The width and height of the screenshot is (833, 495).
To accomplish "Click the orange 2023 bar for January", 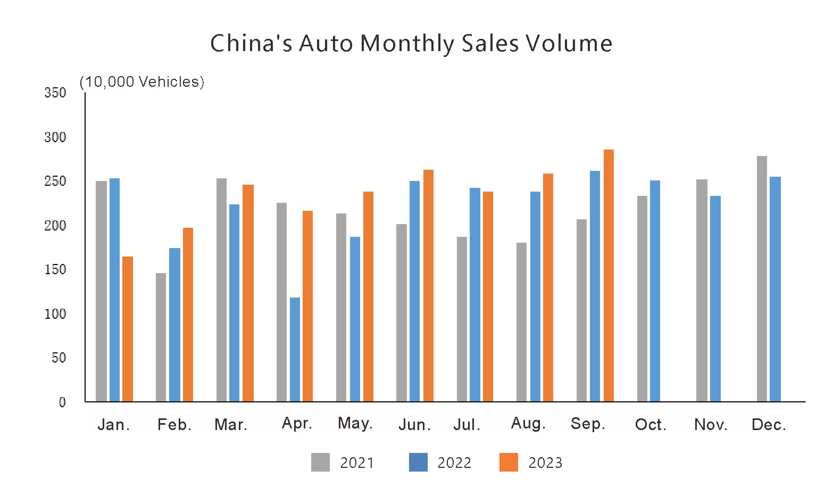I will coord(128,329).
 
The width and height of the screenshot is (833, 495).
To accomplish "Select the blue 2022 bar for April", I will coord(295,349).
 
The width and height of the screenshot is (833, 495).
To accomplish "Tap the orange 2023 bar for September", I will coord(609,275).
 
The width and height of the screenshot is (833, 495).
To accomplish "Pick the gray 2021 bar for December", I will coord(762,278).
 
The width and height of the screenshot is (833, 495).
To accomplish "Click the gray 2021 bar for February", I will coord(161,337).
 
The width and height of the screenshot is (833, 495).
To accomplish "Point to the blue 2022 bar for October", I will coord(655,291).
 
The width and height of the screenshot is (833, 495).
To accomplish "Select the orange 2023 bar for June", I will coord(428,285).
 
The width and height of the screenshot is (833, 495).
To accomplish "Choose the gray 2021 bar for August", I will coord(521,322).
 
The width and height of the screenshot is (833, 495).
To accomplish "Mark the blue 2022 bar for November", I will coord(715,299).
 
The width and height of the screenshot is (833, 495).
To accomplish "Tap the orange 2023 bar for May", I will coord(368,296).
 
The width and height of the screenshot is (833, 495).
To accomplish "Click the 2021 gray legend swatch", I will coord(320,463).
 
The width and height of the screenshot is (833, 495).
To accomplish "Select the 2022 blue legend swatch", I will coord(418,463).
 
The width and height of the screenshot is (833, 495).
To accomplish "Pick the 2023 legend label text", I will coord(545,463).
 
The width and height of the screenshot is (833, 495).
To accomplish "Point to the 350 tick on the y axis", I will coord(55,93).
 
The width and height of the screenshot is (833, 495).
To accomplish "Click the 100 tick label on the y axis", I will coord(55,314).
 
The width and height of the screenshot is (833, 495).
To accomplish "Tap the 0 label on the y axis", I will coord(62,402).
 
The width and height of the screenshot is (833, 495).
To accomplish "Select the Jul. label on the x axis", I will coord(467,425).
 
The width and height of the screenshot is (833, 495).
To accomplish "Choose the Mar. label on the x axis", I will coord(231,425).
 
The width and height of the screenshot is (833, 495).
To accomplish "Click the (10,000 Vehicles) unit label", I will coord(141,81).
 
